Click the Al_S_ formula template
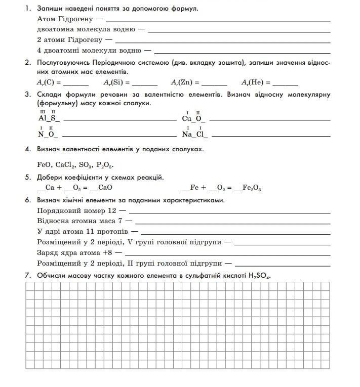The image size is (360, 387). (49, 118)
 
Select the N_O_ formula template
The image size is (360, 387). (48, 135)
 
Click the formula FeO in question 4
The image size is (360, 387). (45, 165)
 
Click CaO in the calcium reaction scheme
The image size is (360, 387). (105, 188)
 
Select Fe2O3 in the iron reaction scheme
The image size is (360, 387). (252, 188)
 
